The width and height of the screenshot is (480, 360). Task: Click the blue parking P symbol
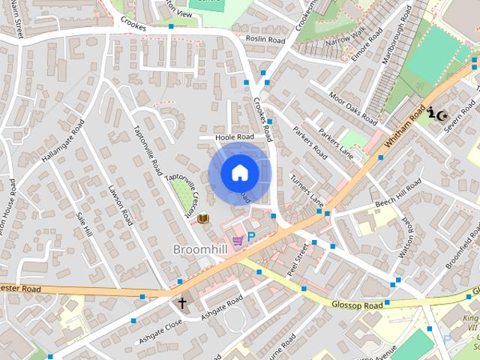tap(252, 236)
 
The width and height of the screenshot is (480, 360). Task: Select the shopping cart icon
tap(238, 240)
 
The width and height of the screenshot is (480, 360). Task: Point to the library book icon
tap(202, 218)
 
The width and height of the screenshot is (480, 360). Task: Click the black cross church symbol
tap(181, 303)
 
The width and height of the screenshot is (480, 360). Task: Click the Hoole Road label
tap(235, 138)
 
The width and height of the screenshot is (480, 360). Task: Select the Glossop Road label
tap(358, 305)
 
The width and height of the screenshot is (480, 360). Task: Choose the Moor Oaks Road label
tap(353, 108)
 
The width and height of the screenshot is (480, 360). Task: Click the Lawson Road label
tap(120, 205)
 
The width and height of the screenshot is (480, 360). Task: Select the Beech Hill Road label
tap(398, 194)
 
